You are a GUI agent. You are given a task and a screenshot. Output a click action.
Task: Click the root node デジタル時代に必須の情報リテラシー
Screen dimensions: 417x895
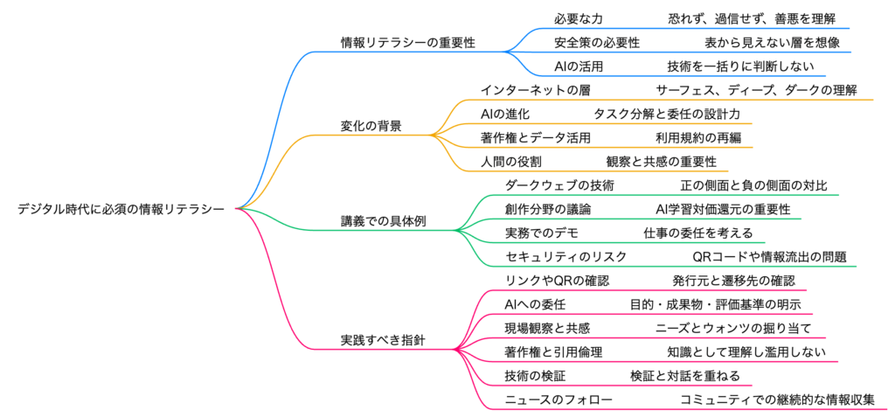pyautogui.click(x=121, y=209)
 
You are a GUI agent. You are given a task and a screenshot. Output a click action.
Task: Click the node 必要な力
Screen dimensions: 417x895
pyautogui.click(x=579, y=17)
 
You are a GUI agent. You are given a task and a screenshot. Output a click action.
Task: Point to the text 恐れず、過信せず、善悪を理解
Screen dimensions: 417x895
pyautogui.click(x=757, y=17)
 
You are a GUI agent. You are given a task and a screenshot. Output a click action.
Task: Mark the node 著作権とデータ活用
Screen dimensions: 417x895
pyautogui.click(x=536, y=137)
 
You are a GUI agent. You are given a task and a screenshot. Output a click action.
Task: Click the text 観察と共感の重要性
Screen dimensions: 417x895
pyautogui.click(x=662, y=161)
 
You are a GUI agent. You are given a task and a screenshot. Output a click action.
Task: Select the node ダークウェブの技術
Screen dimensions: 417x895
pyautogui.click(x=559, y=185)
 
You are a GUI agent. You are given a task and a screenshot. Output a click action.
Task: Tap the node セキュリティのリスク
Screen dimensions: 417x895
pyautogui.click(x=565, y=256)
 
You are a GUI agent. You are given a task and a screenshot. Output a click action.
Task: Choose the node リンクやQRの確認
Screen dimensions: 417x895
pyautogui.click(x=557, y=281)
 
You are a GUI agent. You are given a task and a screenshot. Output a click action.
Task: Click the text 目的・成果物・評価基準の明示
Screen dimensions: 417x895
pyautogui.click(x=716, y=304)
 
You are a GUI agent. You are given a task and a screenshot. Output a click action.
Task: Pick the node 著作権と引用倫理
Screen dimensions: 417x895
pyautogui.click(x=554, y=351)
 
